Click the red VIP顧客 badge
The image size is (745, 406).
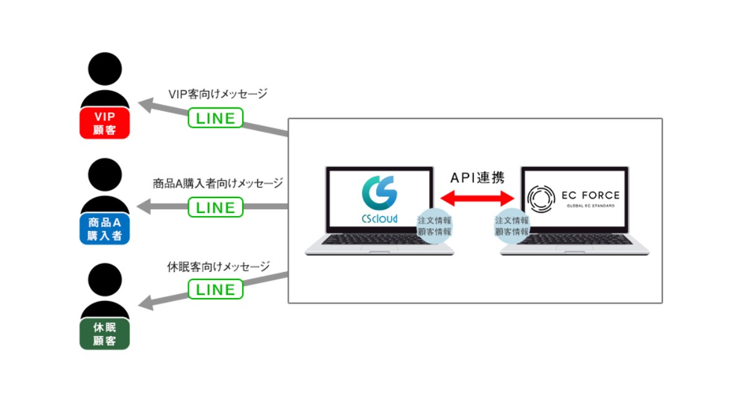105,123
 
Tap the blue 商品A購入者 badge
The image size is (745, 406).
105,228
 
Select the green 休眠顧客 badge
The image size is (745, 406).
105,334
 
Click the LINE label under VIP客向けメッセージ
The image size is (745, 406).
215,117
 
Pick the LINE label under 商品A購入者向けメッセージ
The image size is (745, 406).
215,207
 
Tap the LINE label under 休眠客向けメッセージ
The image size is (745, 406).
215,289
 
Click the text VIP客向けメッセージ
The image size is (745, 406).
218,94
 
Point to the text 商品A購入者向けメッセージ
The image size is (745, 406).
218,183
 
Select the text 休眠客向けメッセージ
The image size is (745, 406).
219,267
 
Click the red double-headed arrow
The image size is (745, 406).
477,198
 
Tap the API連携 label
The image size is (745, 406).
477,178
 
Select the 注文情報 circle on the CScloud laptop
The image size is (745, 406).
435,225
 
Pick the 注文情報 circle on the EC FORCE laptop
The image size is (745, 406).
512,225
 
